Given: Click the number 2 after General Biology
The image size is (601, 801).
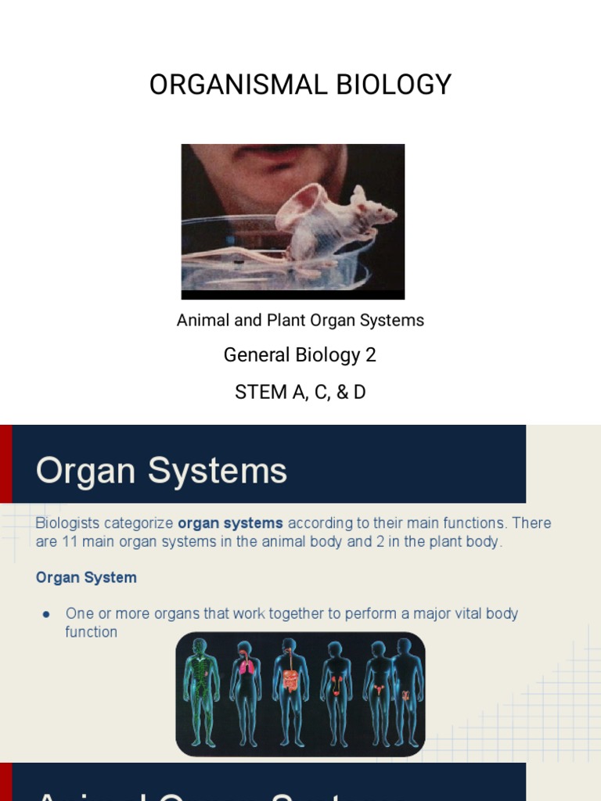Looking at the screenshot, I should pyautogui.click(x=370, y=355).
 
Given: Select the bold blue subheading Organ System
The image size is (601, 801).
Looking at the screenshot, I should pyautogui.click(x=86, y=578).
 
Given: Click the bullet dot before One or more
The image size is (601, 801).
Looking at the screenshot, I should pyautogui.click(x=46, y=614).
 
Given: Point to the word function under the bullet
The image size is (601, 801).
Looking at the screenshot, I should pyautogui.click(x=91, y=632).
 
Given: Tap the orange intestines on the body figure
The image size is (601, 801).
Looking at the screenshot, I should pyautogui.click(x=290, y=678).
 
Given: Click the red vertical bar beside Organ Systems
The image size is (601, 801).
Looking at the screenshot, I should pyautogui.click(x=5, y=464).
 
